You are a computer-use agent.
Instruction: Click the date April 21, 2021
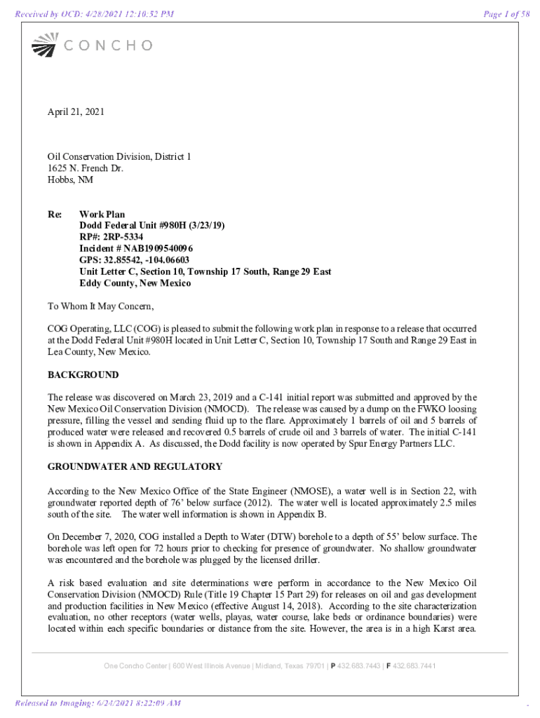click(x=76, y=111)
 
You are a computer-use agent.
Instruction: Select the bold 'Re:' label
click(x=55, y=215)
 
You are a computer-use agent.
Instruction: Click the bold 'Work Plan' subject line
click(x=102, y=215)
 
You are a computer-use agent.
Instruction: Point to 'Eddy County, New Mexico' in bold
click(x=135, y=283)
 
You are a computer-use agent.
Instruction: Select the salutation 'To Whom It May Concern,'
click(x=100, y=306)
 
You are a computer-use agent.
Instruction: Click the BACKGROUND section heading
click(x=83, y=375)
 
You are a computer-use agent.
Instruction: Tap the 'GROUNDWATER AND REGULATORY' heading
click(x=135, y=466)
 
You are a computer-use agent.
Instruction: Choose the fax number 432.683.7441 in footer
click(x=414, y=666)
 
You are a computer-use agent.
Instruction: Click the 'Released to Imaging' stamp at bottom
click(x=97, y=703)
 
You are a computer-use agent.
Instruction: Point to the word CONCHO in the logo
click(x=108, y=46)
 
